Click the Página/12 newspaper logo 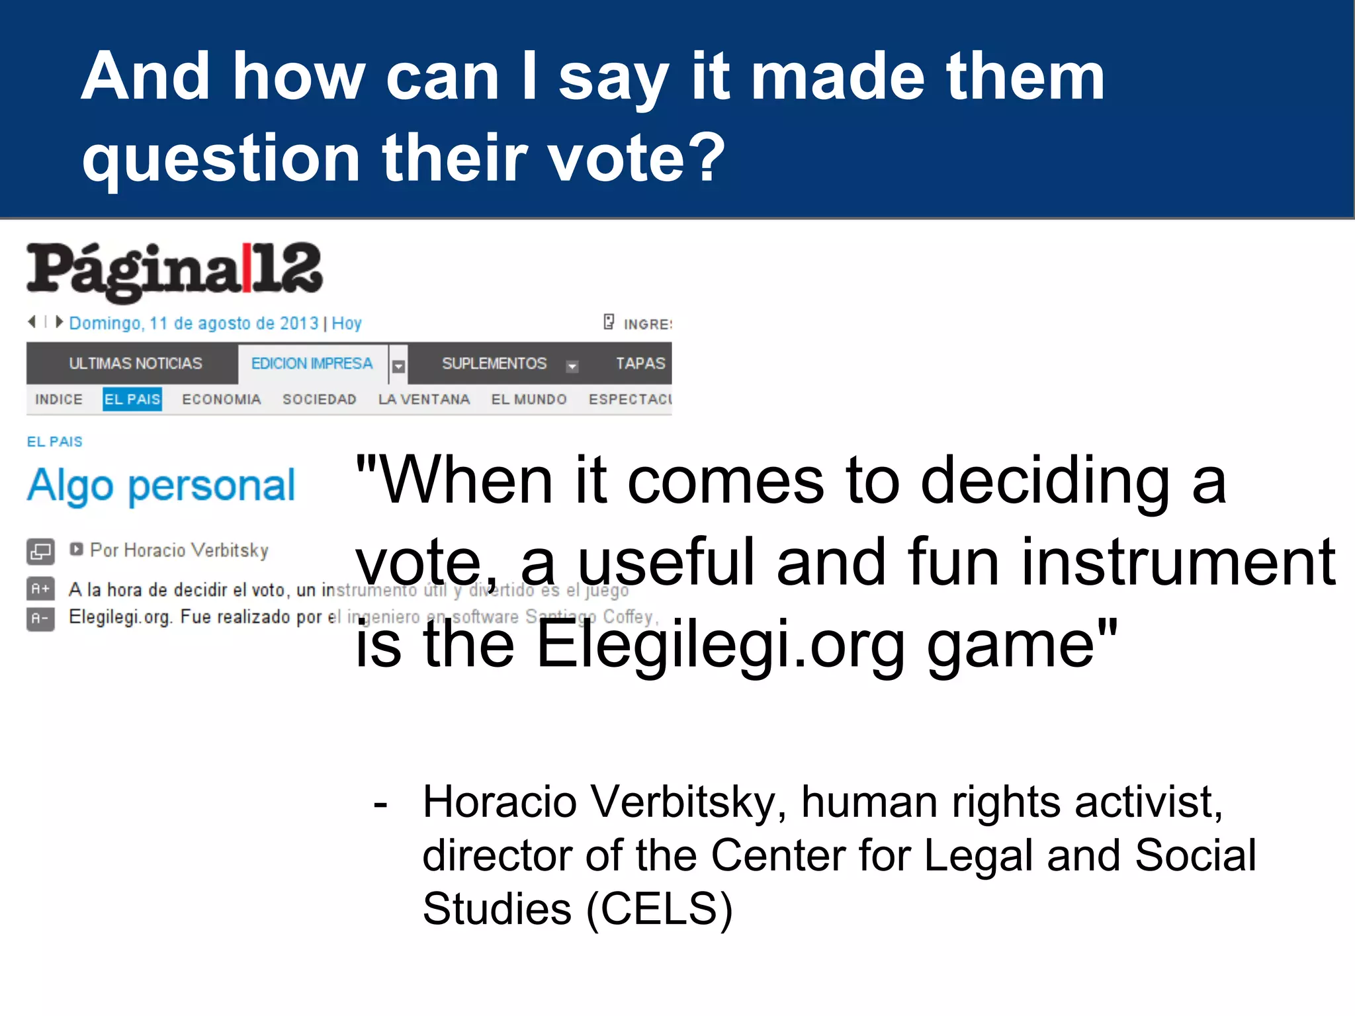pyautogui.click(x=175, y=271)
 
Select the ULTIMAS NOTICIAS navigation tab pyautogui.click(x=136, y=363)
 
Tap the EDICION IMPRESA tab pyautogui.click(x=312, y=363)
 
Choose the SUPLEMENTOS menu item pyautogui.click(x=494, y=363)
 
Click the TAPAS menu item pyautogui.click(x=640, y=363)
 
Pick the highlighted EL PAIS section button pyautogui.click(x=132, y=400)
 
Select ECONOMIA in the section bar pyautogui.click(x=222, y=400)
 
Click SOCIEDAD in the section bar pyautogui.click(x=320, y=400)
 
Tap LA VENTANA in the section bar pyautogui.click(x=424, y=400)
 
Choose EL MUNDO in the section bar pyautogui.click(x=529, y=400)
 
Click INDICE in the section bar pyautogui.click(x=59, y=400)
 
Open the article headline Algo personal pyautogui.click(x=161, y=486)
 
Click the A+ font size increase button pyautogui.click(x=40, y=588)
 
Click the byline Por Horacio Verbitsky pyautogui.click(x=179, y=550)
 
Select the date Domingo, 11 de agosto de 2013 pyautogui.click(x=194, y=323)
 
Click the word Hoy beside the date pyautogui.click(x=347, y=323)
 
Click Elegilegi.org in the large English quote pyautogui.click(x=720, y=644)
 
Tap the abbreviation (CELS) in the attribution pyautogui.click(x=660, y=909)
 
